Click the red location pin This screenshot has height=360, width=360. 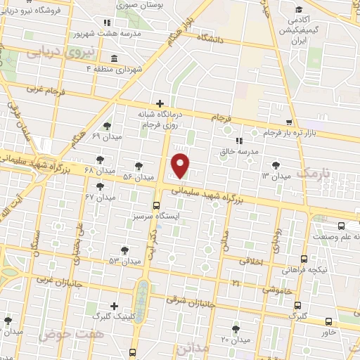(x=181, y=165)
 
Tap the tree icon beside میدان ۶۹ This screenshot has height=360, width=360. (x=106, y=127)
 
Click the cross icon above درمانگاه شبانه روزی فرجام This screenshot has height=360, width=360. (x=161, y=103)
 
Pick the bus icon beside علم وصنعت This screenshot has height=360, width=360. (x=341, y=226)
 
